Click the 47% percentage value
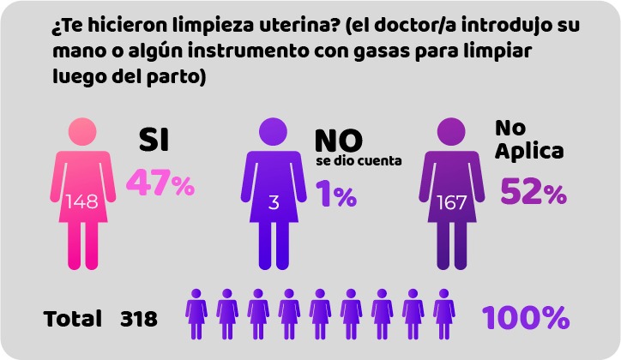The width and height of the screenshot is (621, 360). click(x=160, y=183)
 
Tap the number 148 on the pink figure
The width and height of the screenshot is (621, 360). click(x=81, y=201)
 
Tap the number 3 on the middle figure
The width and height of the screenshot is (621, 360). click(x=274, y=203)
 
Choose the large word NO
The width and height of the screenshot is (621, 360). click(x=338, y=140)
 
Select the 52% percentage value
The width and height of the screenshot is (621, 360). click(x=533, y=192)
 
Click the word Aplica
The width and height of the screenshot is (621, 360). click(x=529, y=152)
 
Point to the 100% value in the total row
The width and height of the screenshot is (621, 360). click(x=526, y=318)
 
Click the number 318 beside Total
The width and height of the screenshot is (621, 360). click(x=139, y=320)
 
